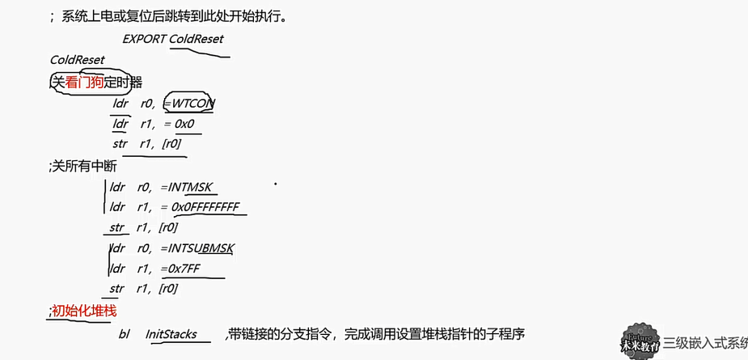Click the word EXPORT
pyautogui.click(x=144, y=39)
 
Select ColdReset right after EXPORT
pyautogui.click(x=197, y=39)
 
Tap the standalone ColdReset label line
pyautogui.click(x=77, y=60)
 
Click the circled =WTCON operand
pyautogui.click(x=188, y=104)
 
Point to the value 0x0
pyautogui.click(x=184, y=124)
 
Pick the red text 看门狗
pyautogui.click(x=85, y=82)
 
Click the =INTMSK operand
pyautogui.click(x=188, y=187)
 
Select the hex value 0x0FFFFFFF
pyautogui.click(x=205, y=207)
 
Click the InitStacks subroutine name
pyautogui.click(x=171, y=334)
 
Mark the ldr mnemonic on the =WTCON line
pyautogui.click(x=120, y=104)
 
